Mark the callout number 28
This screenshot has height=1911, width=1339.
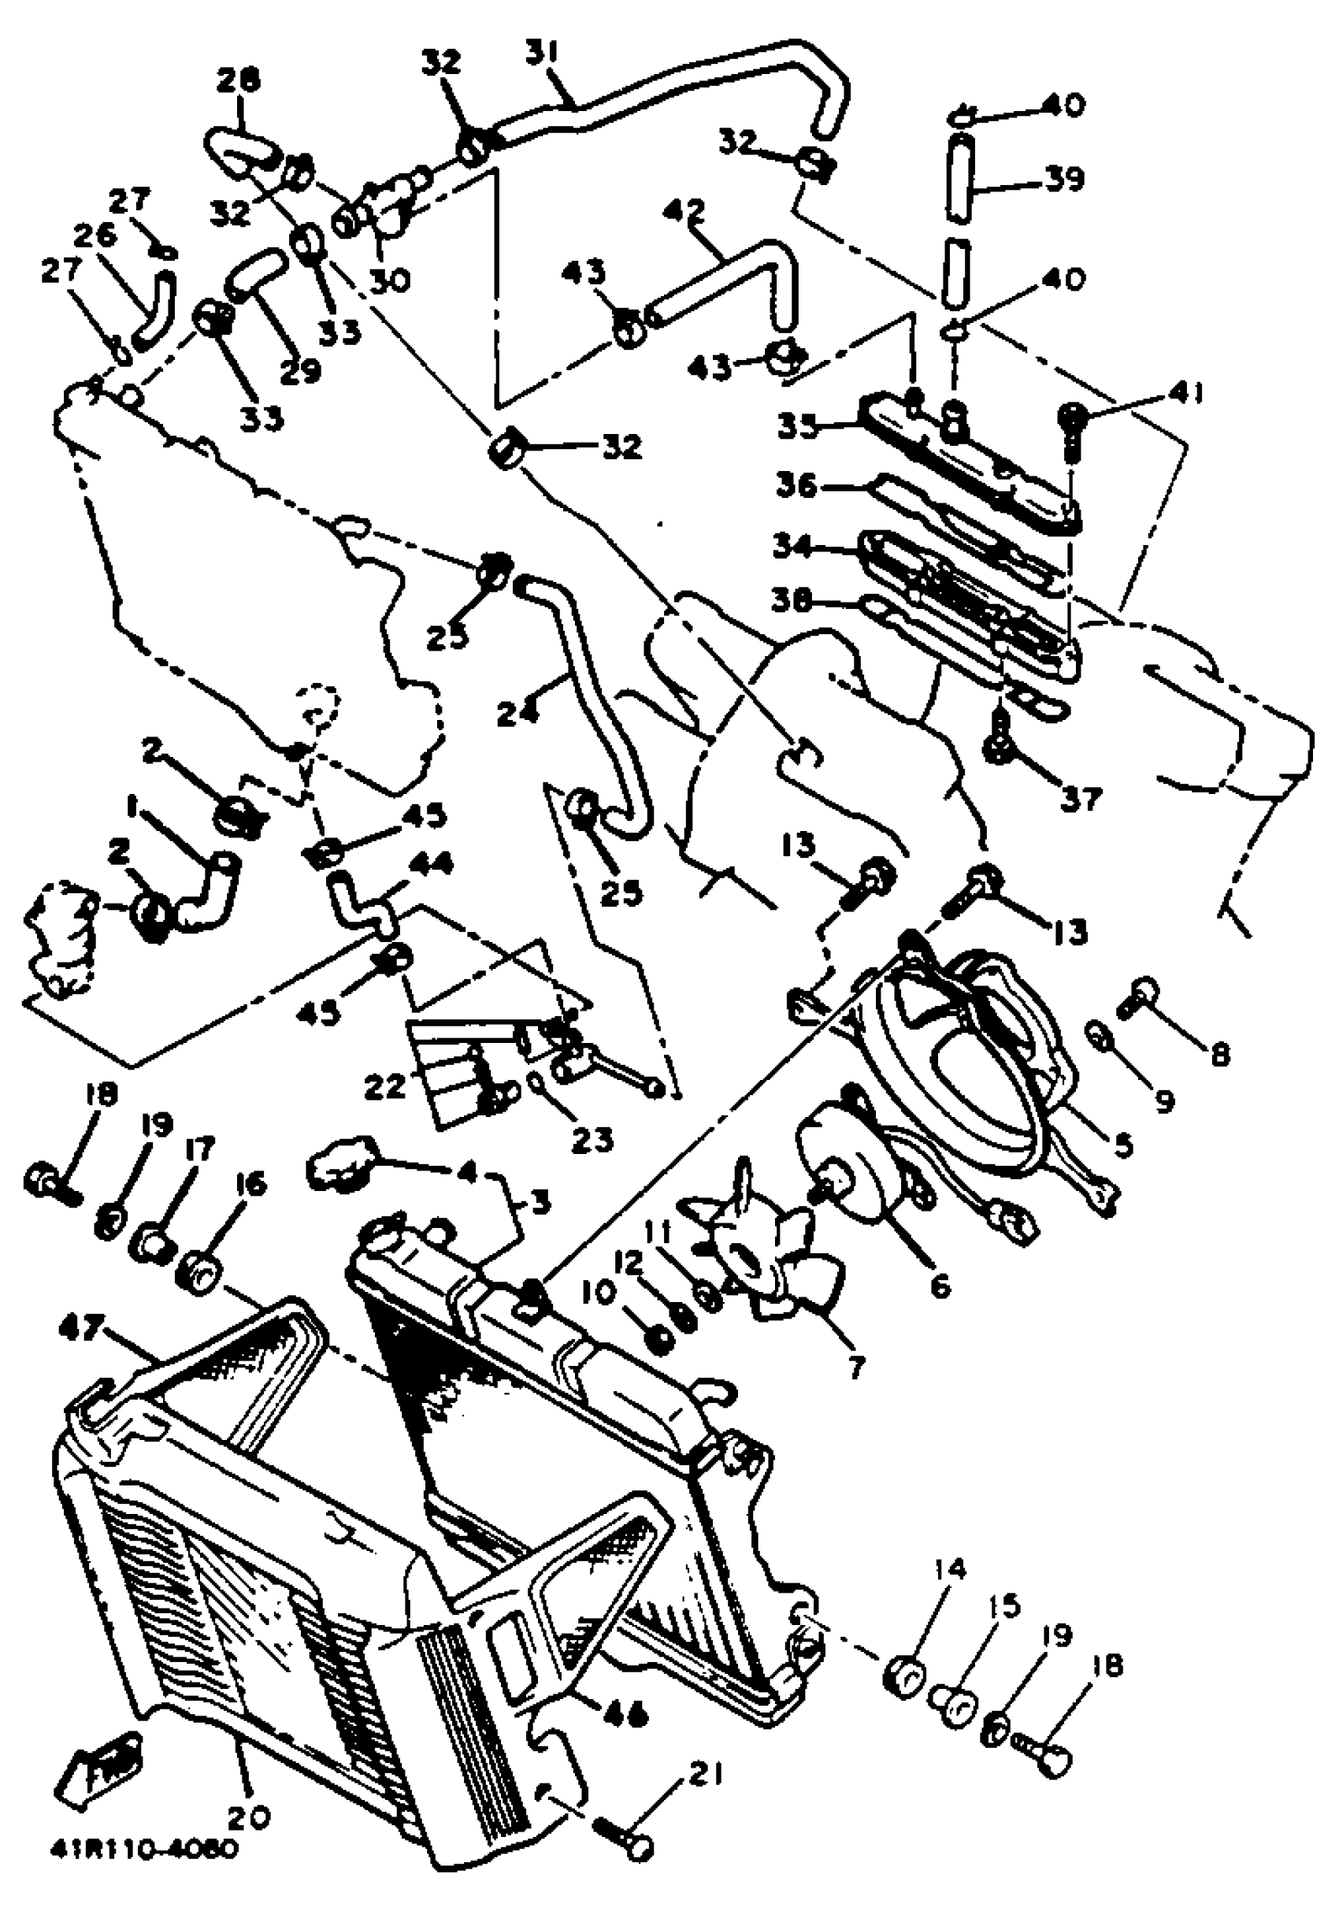point(238,80)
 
